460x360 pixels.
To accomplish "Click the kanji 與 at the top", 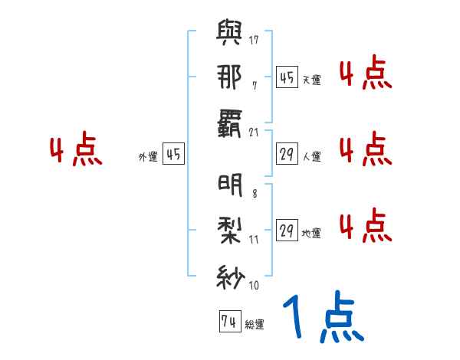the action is click(231, 34).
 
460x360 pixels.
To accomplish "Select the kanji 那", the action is click(231, 77).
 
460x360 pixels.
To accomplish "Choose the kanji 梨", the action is click(231, 231).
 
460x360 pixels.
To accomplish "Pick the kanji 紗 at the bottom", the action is click(231, 274).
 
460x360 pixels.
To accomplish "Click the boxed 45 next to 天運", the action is click(287, 78).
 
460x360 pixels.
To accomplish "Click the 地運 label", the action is click(311, 234).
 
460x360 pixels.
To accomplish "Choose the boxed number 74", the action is click(228, 322).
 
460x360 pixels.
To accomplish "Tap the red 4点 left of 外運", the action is click(75, 151).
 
